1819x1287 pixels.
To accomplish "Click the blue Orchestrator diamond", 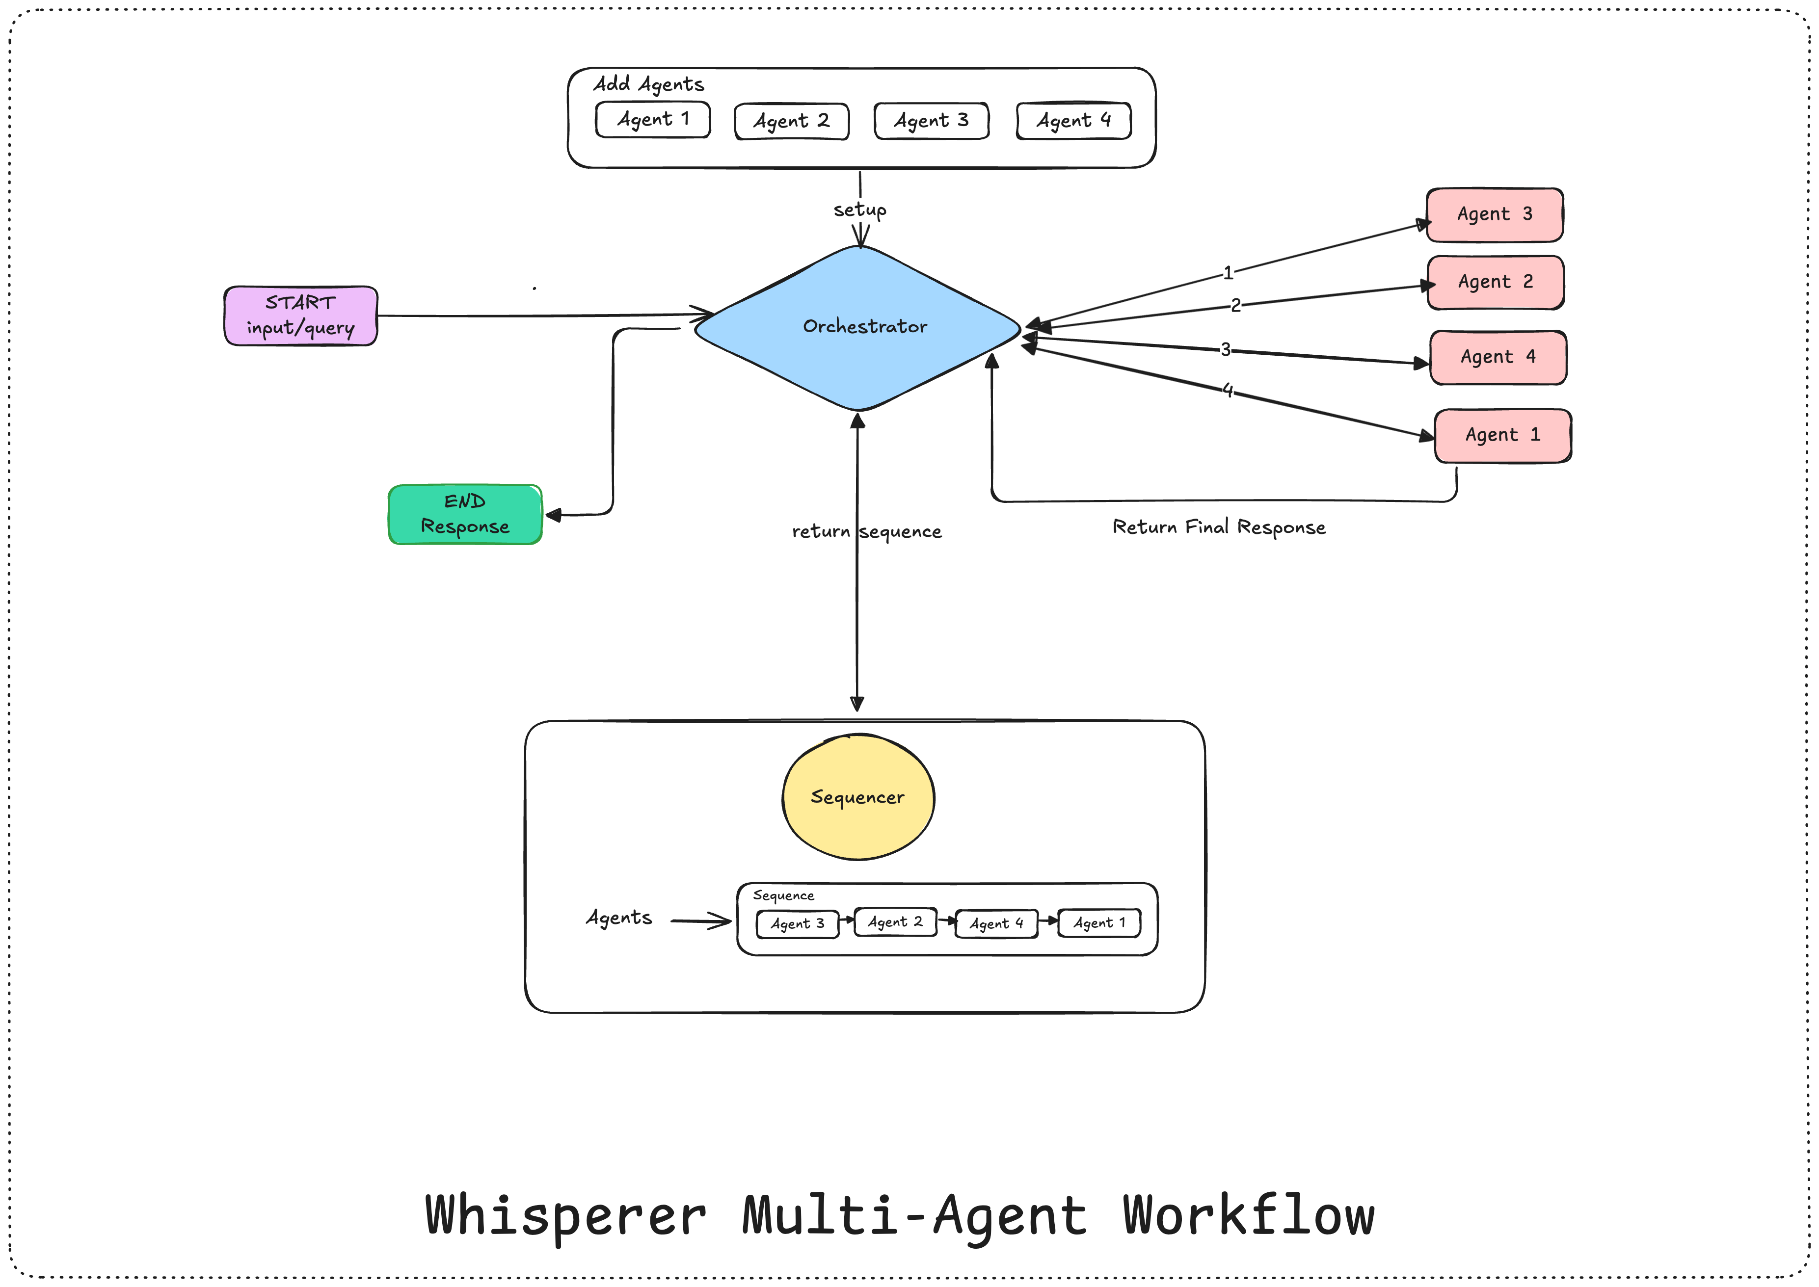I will [857, 327].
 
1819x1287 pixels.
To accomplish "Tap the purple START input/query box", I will [300, 315].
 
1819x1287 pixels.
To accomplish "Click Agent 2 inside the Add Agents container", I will [791, 121].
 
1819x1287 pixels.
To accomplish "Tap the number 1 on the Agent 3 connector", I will [1227, 273].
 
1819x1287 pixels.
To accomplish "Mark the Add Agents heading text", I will [648, 84].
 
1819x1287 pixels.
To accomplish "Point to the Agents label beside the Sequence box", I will [618, 918].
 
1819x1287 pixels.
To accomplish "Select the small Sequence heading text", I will [783, 895].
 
